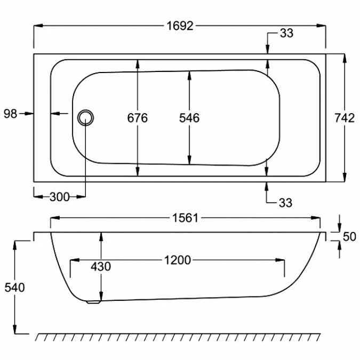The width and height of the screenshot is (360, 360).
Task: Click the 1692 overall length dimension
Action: pyautogui.click(x=180, y=26)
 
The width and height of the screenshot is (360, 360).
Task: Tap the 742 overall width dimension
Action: pyautogui.click(x=345, y=118)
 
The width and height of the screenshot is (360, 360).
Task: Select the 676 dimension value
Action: pyautogui.click(x=137, y=118)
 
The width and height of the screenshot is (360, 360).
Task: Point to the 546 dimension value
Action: pyautogui.click(x=189, y=118)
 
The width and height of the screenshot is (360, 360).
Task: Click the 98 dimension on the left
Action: pyautogui.click(x=11, y=113)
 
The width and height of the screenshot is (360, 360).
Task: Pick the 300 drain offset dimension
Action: pyautogui.click(x=59, y=197)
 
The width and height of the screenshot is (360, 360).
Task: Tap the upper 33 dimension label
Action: pyautogui.click(x=286, y=34)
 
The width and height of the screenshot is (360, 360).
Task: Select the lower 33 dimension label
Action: pyautogui.click(x=286, y=203)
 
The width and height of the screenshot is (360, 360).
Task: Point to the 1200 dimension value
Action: pyautogui.click(x=177, y=260)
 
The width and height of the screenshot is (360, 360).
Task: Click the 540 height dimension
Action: pyautogui.click(x=14, y=288)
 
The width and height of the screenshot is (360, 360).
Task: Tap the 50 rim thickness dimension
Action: pyautogui.click(x=349, y=237)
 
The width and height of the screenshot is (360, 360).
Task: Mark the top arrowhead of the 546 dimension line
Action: pyautogui.click(x=189, y=75)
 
